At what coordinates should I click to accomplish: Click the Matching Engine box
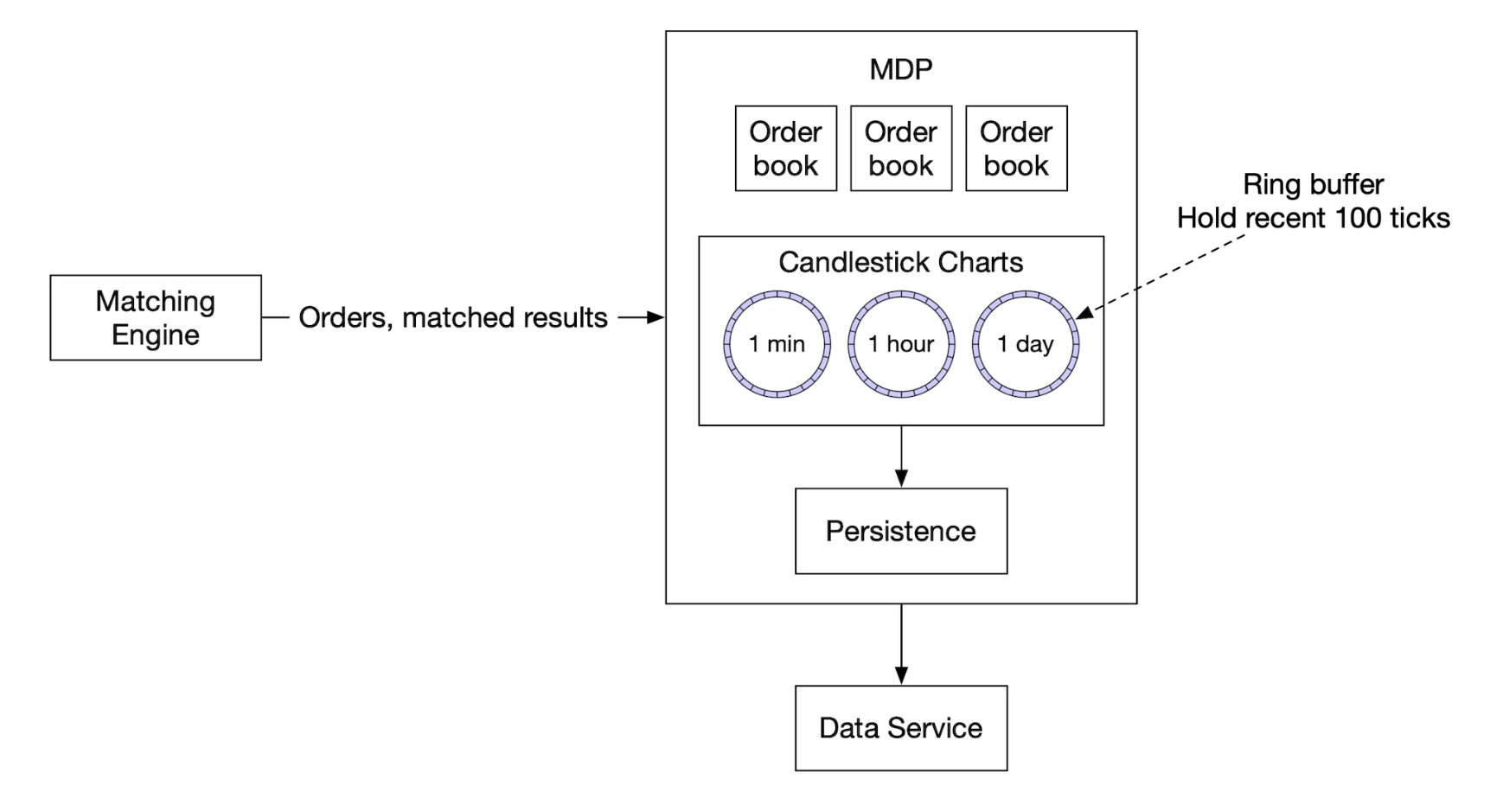pyautogui.click(x=156, y=317)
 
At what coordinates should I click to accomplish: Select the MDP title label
pyautogui.click(x=900, y=69)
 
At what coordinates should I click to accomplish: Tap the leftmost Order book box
pyautogui.click(x=785, y=149)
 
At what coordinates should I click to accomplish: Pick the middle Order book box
pyautogui.click(x=900, y=149)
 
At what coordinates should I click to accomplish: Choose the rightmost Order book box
pyautogui.click(x=1016, y=149)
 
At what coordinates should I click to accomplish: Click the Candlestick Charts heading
pyautogui.click(x=900, y=262)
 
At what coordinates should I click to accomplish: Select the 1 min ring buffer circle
pyautogui.click(x=777, y=344)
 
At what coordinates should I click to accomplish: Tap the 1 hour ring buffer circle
pyautogui.click(x=901, y=344)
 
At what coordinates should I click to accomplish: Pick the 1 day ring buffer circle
pyautogui.click(x=1026, y=344)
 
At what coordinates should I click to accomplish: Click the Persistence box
pyautogui.click(x=900, y=531)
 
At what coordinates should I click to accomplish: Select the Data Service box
pyautogui.click(x=900, y=728)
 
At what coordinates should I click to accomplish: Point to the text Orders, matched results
pyautogui.click(x=453, y=317)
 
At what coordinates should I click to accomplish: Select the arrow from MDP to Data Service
pyautogui.click(x=901, y=644)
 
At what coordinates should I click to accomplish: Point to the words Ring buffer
pyautogui.click(x=1313, y=184)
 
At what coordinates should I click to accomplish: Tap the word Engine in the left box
pyautogui.click(x=156, y=335)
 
